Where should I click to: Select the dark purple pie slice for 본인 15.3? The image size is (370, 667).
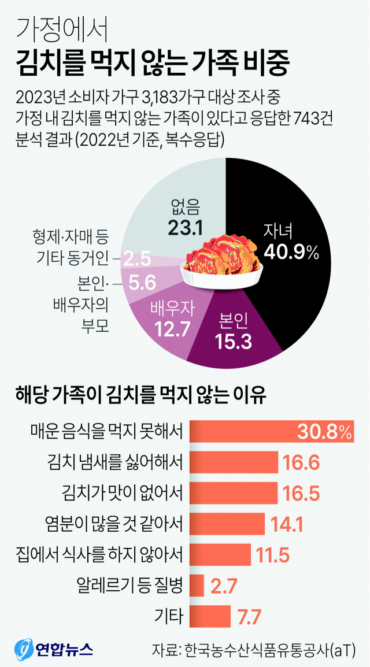234,335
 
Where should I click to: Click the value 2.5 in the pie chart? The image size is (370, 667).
138,256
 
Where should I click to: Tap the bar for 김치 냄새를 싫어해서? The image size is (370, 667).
234,462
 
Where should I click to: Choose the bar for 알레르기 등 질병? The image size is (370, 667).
197,585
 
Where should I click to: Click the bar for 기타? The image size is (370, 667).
210,616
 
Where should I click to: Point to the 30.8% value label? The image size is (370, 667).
324,431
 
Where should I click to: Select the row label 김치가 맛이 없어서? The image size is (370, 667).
123,493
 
